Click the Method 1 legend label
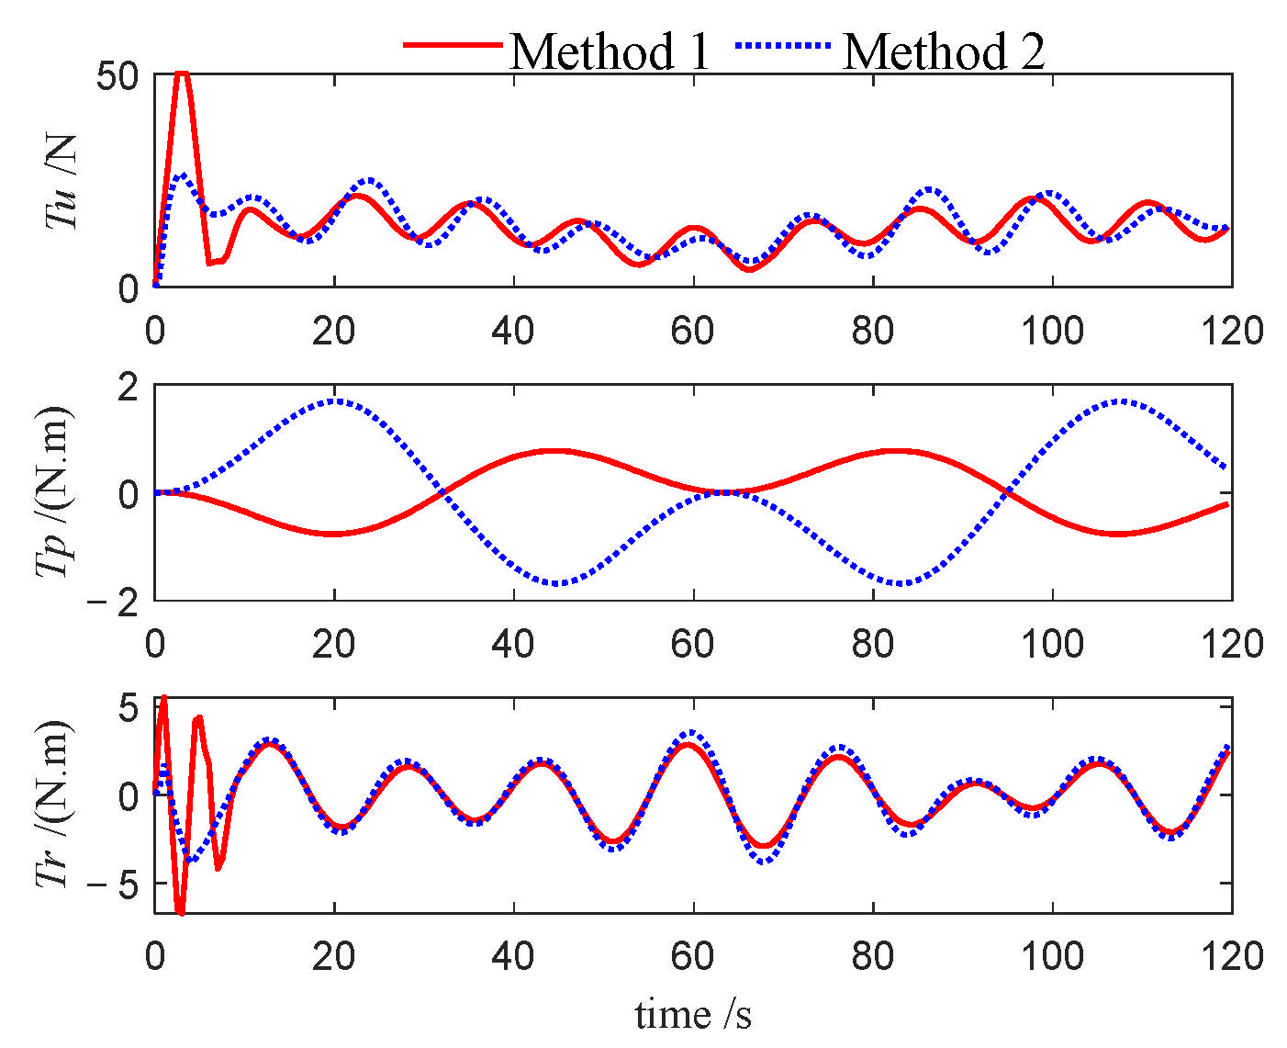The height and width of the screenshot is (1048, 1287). (610, 51)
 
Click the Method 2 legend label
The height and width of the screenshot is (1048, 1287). (944, 51)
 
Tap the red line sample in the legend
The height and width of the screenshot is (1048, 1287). (453, 45)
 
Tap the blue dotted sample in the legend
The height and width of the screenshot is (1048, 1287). (783, 45)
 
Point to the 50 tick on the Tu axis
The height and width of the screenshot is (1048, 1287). (118, 75)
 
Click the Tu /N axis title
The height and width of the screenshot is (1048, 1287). (62, 181)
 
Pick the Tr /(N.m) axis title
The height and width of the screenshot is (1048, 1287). (55, 805)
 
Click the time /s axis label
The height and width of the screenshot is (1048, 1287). (693, 1014)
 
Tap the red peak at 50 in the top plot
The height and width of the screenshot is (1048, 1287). (183, 73)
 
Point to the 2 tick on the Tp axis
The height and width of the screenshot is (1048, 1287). (129, 386)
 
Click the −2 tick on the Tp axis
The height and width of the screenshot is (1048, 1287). (116, 601)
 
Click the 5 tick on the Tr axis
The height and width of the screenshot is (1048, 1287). (128, 707)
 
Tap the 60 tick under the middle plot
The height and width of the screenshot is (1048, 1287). (693, 643)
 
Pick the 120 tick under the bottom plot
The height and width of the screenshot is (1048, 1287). (1232, 956)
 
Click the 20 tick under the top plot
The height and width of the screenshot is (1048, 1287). (334, 331)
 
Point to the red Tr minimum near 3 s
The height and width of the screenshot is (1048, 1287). (180, 912)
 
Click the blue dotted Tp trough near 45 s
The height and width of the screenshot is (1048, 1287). (557, 583)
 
